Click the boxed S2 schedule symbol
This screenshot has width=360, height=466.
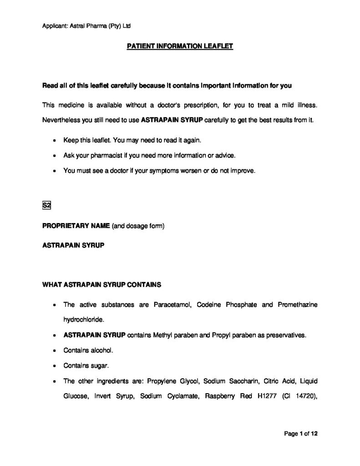(46, 205)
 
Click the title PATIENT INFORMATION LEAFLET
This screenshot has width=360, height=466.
(180, 46)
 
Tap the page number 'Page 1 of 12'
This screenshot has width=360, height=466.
(300, 434)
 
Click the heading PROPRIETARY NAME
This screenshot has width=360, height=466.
(75, 225)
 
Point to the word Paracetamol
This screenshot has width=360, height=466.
(173, 304)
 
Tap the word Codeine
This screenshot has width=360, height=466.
(209, 304)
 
